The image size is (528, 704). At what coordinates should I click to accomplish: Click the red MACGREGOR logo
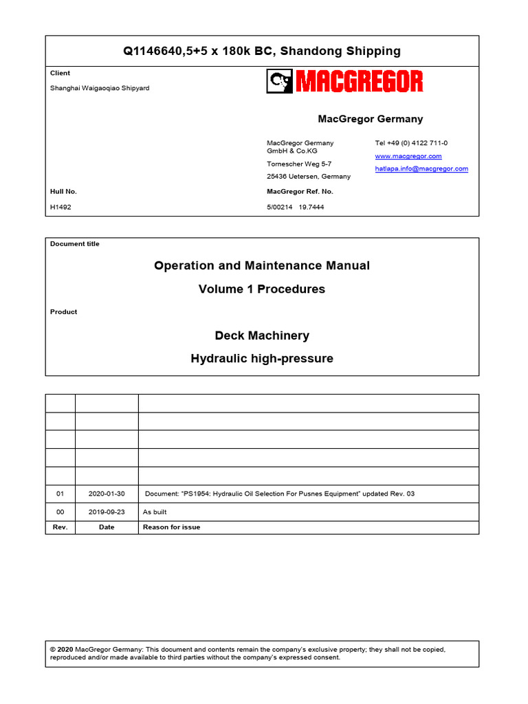click(x=344, y=82)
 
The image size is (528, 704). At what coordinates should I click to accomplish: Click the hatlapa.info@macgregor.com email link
click(x=421, y=168)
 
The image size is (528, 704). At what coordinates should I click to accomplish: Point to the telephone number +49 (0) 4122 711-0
click(x=411, y=143)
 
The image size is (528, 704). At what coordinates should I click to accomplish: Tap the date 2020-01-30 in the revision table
click(x=107, y=494)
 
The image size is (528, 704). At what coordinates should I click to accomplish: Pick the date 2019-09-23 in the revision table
click(x=107, y=511)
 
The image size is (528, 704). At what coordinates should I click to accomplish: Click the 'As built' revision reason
click(x=155, y=511)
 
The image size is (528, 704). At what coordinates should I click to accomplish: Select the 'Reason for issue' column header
click(x=171, y=527)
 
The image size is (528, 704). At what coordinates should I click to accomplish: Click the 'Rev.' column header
click(x=60, y=527)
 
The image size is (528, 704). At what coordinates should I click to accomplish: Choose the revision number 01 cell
click(x=60, y=494)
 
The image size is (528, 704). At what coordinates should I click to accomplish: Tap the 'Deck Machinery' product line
click(x=262, y=335)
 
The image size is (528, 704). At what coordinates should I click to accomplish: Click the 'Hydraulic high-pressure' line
click(x=262, y=359)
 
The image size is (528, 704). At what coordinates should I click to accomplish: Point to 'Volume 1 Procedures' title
click(x=262, y=289)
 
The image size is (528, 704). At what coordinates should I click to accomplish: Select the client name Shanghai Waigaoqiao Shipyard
click(x=99, y=87)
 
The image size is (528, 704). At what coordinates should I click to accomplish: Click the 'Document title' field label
click(x=74, y=244)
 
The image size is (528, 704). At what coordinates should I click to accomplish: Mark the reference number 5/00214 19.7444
click(x=295, y=207)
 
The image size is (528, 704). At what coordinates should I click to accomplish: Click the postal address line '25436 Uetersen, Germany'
click(x=308, y=176)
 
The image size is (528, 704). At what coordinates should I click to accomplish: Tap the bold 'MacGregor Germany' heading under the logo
click(x=371, y=119)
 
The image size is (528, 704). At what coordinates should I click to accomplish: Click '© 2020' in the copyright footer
click(x=62, y=649)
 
